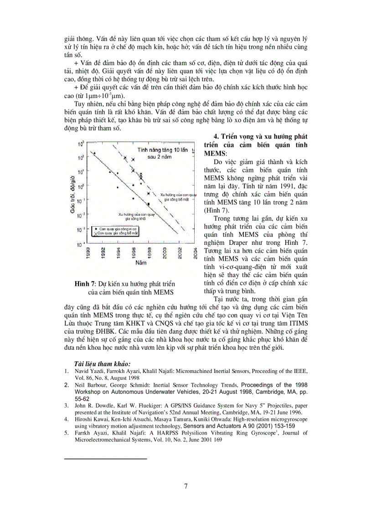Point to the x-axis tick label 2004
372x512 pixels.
coord(196,253)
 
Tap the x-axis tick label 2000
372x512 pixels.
coord(165,253)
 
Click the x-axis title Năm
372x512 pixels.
coord(141,263)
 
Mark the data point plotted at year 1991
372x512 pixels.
coord(94,153)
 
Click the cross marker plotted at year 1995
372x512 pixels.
coord(125,158)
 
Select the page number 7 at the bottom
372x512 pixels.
coord(186,486)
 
